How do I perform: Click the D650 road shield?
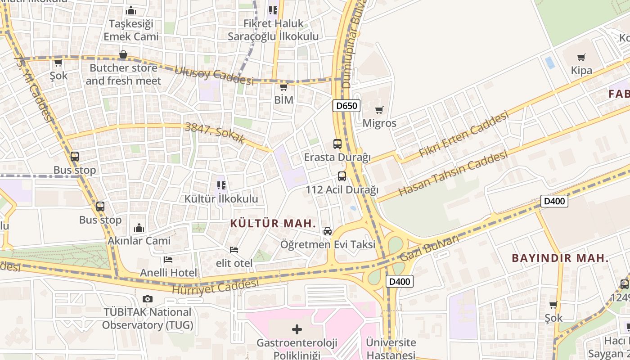coord(346,106)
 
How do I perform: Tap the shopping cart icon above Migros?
coord(379,110)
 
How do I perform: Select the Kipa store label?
coord(581,71)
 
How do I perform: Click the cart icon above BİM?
coord(283,87)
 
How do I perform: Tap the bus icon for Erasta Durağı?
coord(337,144)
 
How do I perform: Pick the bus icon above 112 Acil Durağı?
coord(342,176)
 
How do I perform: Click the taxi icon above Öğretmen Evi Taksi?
coord(328,231)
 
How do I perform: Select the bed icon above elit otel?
coord(234,250)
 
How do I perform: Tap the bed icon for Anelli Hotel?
coord(168,260)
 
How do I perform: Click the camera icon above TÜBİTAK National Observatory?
coord(147,299)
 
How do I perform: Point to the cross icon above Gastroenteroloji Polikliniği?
coord(297,329)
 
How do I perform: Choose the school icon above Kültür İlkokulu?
coord(221,185)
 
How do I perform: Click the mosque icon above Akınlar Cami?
coord(139,228)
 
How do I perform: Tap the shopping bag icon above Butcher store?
coord(123,55)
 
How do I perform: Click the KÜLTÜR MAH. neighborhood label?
coord(273,223)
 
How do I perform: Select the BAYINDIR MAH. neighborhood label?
coord(560,258)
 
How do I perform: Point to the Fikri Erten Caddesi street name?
coord(463,135)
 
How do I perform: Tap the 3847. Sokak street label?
coord(215,133)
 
